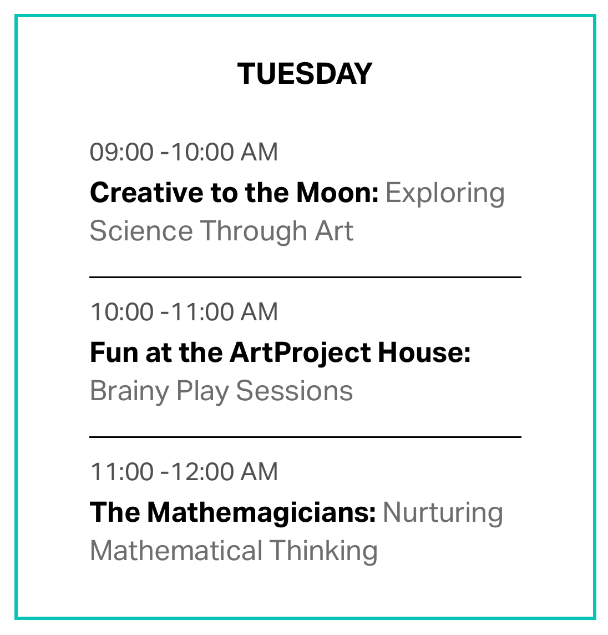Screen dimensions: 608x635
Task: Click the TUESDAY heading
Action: (x=305, y=74)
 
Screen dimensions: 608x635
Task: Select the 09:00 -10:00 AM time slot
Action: (x=184, y=152)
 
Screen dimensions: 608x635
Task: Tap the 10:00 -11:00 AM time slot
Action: (x=184, y=312)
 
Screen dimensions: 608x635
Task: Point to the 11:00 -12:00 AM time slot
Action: (x=184, y=472)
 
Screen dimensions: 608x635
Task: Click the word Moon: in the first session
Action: (x=337, y=193)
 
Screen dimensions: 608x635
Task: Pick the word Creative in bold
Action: (x=146, y=193)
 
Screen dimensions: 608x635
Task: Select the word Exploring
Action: (x=445, y=194)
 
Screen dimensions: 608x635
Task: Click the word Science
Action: (x=141, y=231)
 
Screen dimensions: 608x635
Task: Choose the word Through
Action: (x=254, y=232)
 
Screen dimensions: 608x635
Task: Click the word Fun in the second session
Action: (x=115, y=352)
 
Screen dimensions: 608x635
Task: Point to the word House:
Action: (x=424, y=352)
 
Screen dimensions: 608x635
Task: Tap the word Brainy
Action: (x=130, y=392)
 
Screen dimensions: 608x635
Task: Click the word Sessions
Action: (x=294, y=391)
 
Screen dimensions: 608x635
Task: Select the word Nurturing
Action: (x=443, y=513)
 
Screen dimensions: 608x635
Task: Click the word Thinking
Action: (x=323, y=552)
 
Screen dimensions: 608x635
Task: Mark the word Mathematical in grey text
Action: (x=176, y=551)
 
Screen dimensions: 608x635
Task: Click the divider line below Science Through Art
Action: (x=305, y=278)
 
